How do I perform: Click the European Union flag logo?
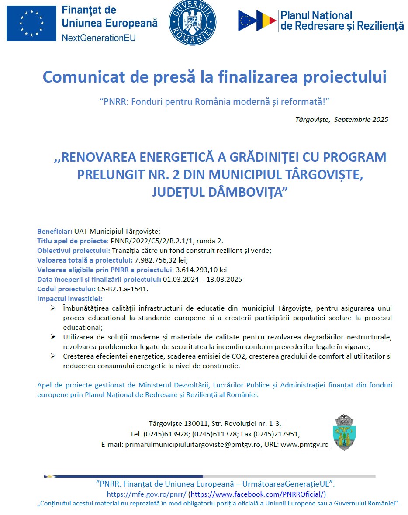pos(31,23)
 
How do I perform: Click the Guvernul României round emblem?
pos(189,23)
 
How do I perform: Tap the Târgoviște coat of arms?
pos(345,432)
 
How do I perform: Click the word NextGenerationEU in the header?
pos(99,38)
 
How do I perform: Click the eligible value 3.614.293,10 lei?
pos(201,270)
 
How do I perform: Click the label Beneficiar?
pos(55,231)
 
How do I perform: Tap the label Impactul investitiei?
pos(70,298)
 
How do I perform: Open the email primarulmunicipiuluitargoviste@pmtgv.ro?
pos(193,444)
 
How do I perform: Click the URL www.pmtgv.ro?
pos(304,444)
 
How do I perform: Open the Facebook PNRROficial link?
pos(258,494)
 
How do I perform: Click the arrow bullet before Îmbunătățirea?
pos(53,308)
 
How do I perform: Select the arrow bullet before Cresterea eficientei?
pos(53,356)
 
